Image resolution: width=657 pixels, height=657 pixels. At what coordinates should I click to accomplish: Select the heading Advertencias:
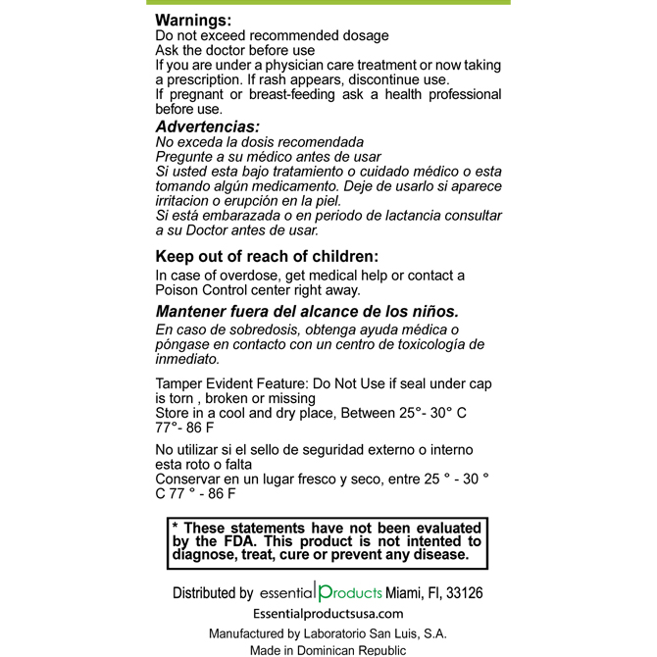click(207, 126)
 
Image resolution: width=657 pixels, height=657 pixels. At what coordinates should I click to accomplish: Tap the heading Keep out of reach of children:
click(266, 257)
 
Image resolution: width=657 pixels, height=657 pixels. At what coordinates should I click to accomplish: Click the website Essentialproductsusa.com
click(328, 614)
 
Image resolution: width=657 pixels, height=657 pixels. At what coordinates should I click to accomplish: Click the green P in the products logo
click(326, 593)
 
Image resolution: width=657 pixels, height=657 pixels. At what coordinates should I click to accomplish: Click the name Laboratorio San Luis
click(368, 633)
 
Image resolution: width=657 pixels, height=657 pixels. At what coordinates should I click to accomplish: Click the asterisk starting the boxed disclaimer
click(176, 527)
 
